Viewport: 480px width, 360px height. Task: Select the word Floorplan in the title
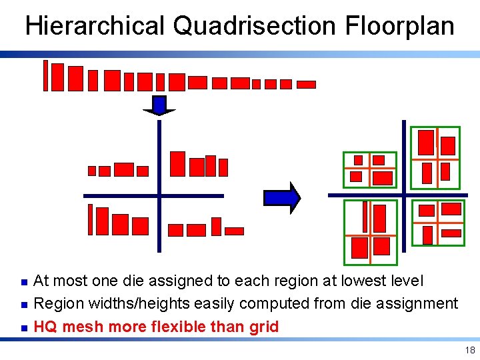(x=400, y=27)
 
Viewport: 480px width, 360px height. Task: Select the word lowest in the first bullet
(x=359, y=281)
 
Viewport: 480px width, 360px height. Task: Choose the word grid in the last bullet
(x=264, y=327)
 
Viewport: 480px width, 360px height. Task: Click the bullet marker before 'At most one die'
(x=23, y=282)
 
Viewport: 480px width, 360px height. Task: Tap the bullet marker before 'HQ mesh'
(x=23, y=327)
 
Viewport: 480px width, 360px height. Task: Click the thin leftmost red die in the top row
(x=45, y=75)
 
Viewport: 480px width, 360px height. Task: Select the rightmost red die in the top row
(x=306, y=85)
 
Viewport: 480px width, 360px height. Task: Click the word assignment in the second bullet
(x=417, y=304)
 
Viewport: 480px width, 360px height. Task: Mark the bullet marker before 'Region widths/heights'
(x=23, y=305)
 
